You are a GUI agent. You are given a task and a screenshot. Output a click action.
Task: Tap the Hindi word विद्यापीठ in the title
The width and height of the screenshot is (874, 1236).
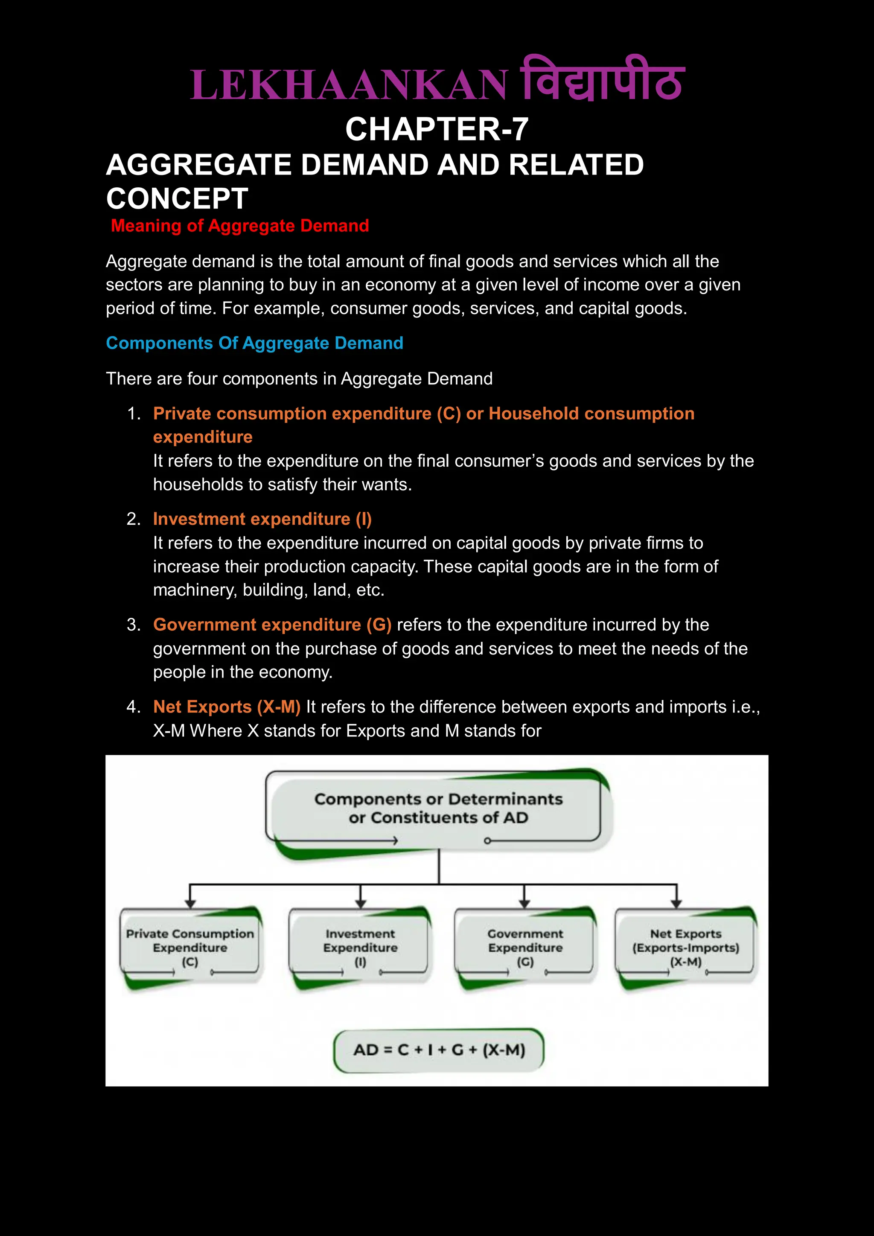pyautogui.click(x=601, y=81)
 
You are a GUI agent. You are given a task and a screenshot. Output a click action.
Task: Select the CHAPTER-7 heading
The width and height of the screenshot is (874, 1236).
pyautogui.click(x=437, y=129)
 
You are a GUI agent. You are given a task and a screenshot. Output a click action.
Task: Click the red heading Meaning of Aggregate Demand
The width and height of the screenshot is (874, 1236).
pyautogui.click(x=240, y=226)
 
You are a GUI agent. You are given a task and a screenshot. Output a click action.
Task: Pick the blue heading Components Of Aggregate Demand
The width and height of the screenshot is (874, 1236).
pyautogui.click(x=254, y=343)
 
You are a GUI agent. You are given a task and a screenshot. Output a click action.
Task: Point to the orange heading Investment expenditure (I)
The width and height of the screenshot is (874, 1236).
pyautogui.click(x=262, y=519)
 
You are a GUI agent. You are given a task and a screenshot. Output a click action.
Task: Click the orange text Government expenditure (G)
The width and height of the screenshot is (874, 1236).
pyautogui.click(x=272, y=625)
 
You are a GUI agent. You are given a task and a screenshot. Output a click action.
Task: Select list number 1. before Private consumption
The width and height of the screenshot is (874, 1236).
pyautogui.click(x=134, y=413)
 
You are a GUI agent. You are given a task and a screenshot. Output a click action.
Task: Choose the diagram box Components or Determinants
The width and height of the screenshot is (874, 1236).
pyautogui.click(x=438, y=808)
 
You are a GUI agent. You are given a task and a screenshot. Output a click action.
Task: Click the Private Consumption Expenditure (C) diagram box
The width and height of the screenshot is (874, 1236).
pyautogui.click(x=190, y=948)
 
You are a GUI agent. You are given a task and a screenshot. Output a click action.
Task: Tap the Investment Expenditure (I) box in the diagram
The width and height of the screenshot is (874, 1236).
pyautogui.click(x=360, y=948)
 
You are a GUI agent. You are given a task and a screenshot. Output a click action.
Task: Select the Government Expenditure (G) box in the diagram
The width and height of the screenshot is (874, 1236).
pyautogui.click(x=525, y=948)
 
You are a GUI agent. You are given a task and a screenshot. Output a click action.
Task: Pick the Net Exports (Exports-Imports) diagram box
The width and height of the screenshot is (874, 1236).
pyautogui.click(x=685, y=948)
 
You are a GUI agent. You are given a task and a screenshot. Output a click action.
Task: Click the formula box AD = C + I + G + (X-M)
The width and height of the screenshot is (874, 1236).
pyautogui.click(x=438, y=1050)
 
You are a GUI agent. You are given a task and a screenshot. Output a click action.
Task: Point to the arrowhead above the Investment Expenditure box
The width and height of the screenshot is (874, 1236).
pyautogui.click(x=361, y=904)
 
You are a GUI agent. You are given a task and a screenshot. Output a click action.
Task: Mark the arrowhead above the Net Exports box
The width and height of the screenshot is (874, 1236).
pyautogui.click(x=676, y=904)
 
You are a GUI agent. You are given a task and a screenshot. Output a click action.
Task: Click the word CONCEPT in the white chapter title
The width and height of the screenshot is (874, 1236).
pyautogui.click(x=177, y=199)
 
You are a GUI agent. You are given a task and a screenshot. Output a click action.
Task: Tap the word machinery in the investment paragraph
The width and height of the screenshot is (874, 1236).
pyautogui.click(x=195, y=590)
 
